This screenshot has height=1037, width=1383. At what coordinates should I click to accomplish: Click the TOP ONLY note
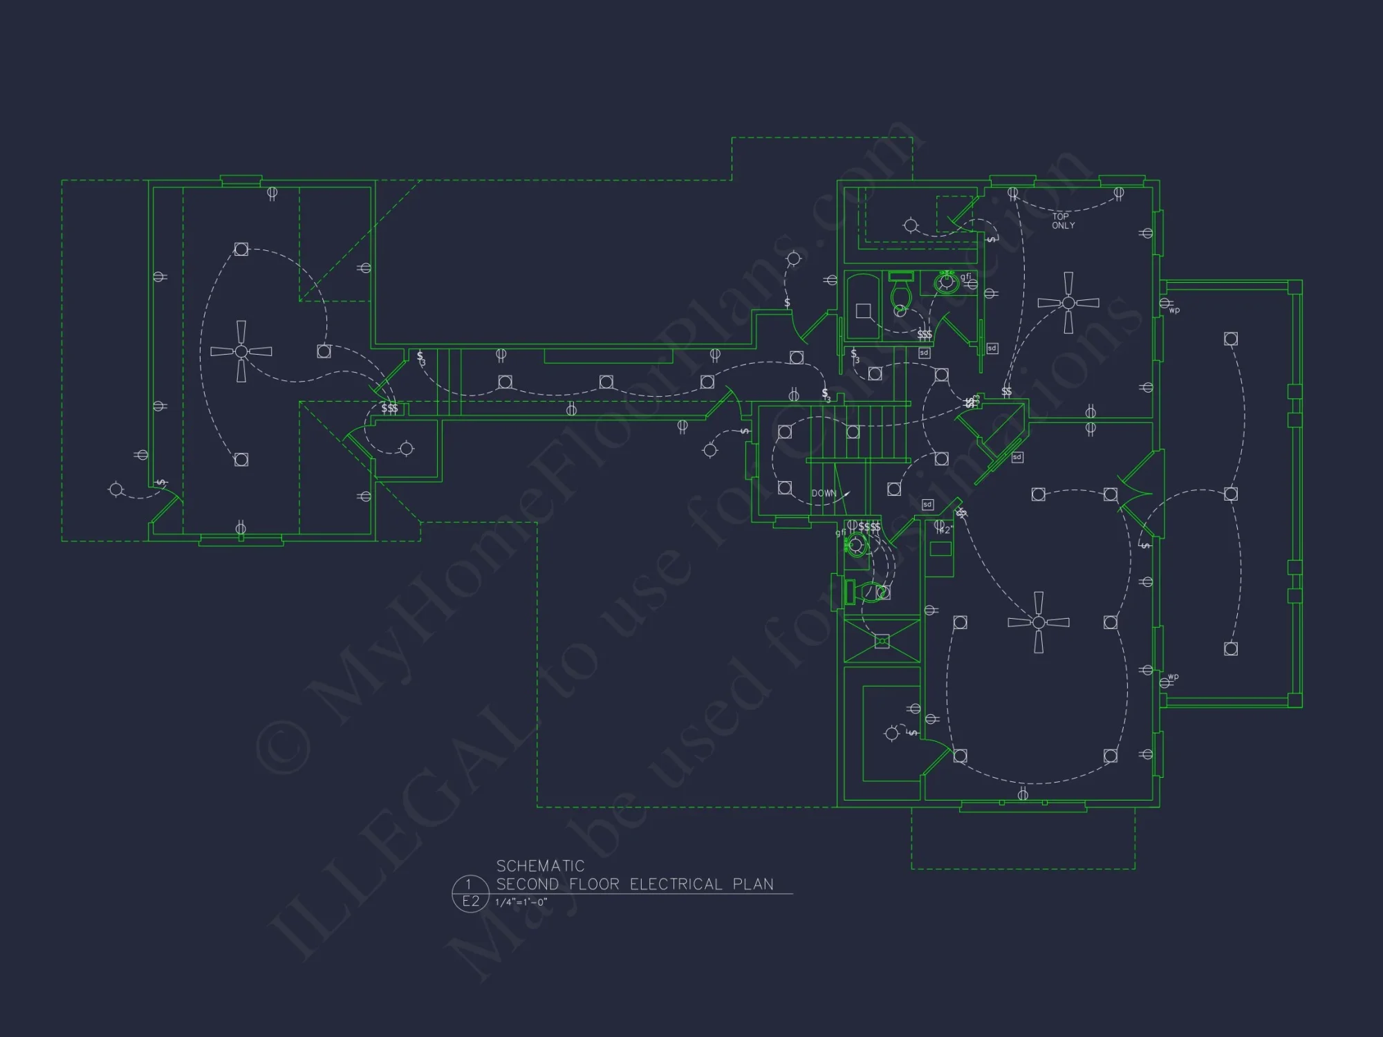pyautogui.click(x=1063, y=221)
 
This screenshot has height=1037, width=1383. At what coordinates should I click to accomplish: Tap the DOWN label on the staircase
pyautogui.click(x=824, y=494)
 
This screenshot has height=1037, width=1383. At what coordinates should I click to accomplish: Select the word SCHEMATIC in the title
pyautogui.click(x=540, y=866)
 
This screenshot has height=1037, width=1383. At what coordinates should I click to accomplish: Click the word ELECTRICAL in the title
pyautogui.click(x=676, y=884)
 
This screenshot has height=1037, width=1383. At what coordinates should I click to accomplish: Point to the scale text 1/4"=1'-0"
pyautogui.click(x=521, y=902)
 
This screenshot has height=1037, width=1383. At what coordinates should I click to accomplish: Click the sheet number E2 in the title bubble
pyautogui.click(x=470, y=901)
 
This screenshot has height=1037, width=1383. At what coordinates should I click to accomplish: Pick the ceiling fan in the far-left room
pyautogui.click(x=241, y=351)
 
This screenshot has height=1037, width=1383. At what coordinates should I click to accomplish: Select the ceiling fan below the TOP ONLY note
pyautogui.click(x=1068, y=303)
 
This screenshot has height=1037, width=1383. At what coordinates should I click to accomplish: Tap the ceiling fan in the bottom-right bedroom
pyautogui.click(x=1038, y=622)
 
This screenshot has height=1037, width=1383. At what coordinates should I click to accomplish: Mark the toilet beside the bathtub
pyautogui.click(x=900, y=293)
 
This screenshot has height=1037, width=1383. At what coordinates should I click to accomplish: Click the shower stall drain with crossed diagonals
pyautogui.click(x=882, y=642)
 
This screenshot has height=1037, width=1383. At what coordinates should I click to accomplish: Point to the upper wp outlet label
pyautogui.click(x=1174, y=310)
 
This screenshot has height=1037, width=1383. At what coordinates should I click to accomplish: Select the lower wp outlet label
pyautogui.click(x=1173, y=677)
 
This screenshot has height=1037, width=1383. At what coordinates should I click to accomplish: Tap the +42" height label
pyautogui.click(x=945, y=530)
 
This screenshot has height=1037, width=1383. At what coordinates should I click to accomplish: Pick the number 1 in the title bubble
pyautogui.click(x=469, y=884)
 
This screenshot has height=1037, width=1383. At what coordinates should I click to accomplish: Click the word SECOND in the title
pyautogui.click(x=527, y=884)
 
